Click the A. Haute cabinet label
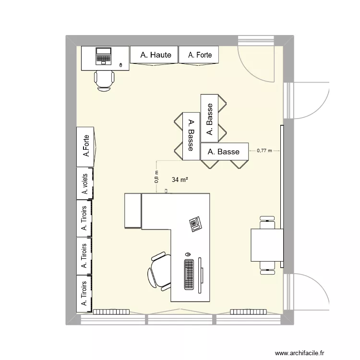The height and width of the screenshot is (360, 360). [x=156, y=55]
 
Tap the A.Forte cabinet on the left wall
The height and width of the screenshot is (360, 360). [x=86, y=146]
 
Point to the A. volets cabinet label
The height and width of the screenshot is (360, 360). [x=85, y=183]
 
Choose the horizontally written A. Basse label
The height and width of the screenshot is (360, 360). [x=224, y=152]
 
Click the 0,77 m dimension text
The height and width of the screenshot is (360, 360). [x=264, y=150]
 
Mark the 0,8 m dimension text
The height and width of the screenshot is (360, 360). [x=156, y=177]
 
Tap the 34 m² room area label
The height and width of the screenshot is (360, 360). [x=179, y=180]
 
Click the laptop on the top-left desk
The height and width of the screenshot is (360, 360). [x=103, y=56]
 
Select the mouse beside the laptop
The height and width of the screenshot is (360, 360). [x=120, y=65]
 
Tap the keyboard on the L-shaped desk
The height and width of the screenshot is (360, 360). [x=189, y=275]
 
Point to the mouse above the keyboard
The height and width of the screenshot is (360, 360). [x=188, y=253]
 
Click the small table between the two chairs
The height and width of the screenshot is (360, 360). [x=267, y=245]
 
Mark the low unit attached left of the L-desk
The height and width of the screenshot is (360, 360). [x=133, y=211]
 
